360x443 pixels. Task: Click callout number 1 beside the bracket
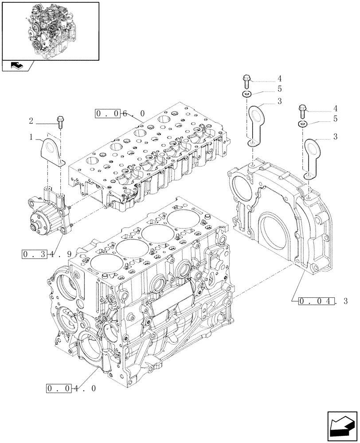31,138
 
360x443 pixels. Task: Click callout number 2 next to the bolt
31,120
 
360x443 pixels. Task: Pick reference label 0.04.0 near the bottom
71,389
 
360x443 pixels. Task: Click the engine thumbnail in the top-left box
50,30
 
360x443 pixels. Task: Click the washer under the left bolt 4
247,94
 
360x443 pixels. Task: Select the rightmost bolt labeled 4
303,108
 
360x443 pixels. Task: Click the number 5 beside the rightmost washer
336,119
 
